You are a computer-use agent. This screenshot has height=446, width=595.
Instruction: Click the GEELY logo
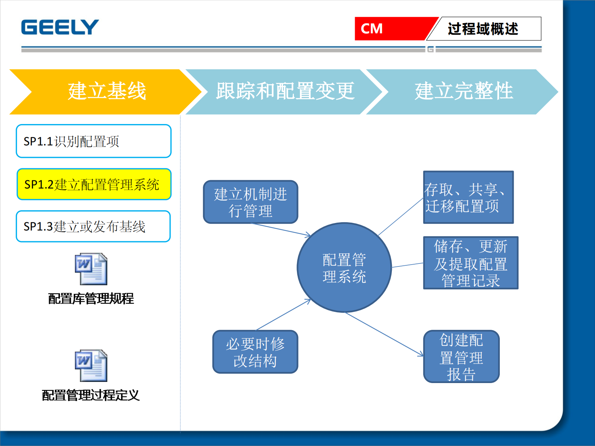click(60, 27)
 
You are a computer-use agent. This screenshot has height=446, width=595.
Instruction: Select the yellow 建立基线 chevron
click(106, 91)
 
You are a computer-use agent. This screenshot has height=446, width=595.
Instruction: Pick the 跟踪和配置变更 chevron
click(285, 91)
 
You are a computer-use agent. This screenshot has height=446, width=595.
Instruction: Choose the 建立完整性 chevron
click(463, 91)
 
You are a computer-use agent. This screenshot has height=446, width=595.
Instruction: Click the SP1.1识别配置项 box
click(93, 141)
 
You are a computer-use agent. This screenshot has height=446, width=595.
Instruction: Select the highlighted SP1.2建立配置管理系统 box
click(94, 184)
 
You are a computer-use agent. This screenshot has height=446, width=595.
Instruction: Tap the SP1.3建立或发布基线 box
click(93, 226)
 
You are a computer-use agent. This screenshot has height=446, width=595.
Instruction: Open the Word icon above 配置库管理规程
click(91, 269)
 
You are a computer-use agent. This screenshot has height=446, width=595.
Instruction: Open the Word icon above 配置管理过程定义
click(91, 366)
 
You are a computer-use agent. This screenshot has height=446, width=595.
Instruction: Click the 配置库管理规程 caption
click(91, 299)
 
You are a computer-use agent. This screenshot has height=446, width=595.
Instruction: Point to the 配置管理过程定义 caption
click(91, 395)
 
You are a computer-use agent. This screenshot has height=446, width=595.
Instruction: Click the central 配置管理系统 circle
click(344, 268)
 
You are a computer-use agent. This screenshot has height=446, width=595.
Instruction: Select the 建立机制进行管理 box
click(250, 202)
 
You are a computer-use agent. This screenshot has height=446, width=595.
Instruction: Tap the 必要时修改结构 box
click(255, 352)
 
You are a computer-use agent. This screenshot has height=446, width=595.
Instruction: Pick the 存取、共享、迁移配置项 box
click(468, 198)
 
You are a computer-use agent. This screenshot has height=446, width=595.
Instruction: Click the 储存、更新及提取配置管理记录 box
click(471, 263)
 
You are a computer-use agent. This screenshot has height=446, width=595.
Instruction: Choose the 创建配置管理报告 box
click(461, 356)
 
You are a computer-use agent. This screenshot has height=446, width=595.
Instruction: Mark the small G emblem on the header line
click(430, 49)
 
